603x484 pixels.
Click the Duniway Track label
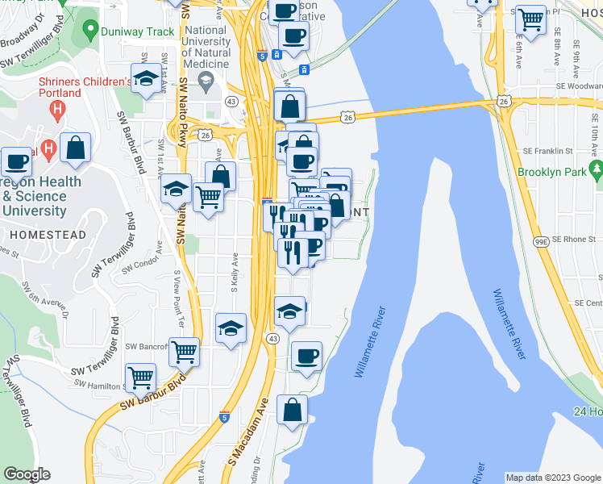pos(138,31)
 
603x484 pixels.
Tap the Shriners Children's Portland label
pos(84,87)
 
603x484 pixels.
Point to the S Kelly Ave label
pos(236,269)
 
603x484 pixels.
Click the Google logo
pos(27,474)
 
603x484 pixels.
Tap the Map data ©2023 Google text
pos(552,478)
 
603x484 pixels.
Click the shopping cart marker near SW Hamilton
pos(141,376)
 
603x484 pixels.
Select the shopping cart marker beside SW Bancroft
pos(185,351)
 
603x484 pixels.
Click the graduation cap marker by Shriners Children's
pos(146,79)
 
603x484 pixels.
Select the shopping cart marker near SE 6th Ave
pos(530,18)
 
